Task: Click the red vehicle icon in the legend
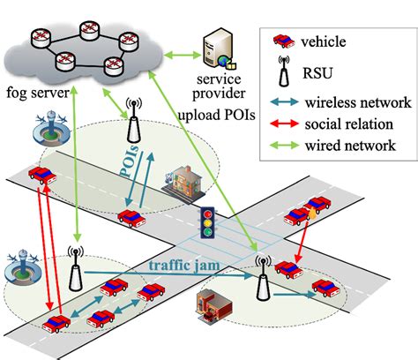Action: pyautogui.click(x=283, y=39)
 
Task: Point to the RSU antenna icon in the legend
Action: pyautogui.click(x=284, y=71)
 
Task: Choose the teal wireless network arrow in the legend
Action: pyautogui.click(x=283, y=100)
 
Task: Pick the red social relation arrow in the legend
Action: pyautogui.click(x=283, y=123)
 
